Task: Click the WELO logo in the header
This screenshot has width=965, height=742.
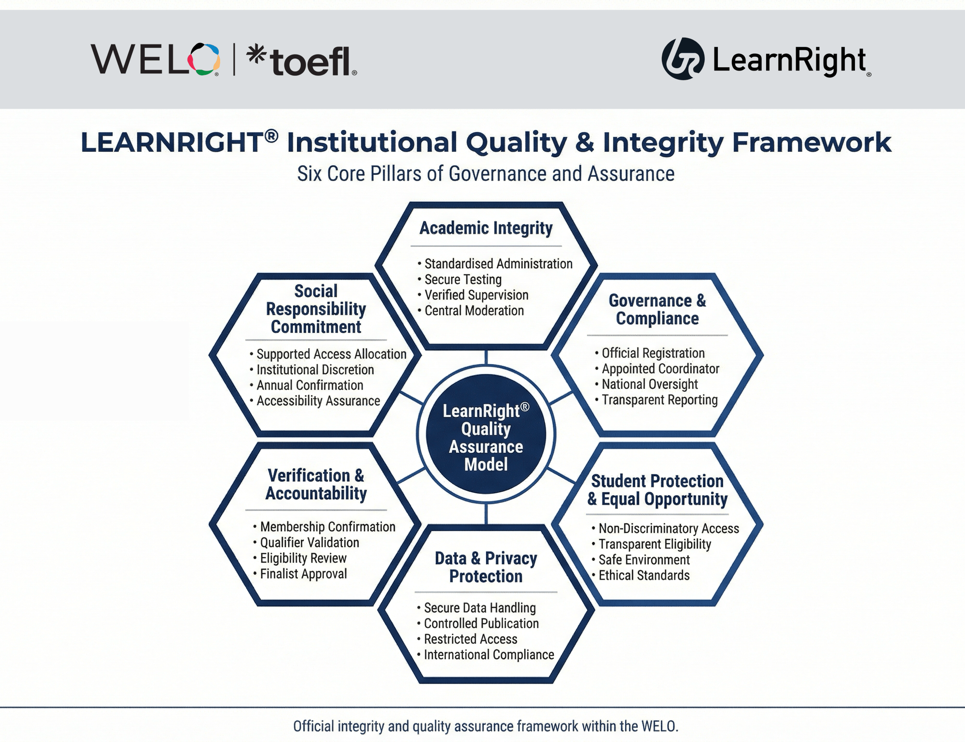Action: pyautogui.click(x=155, y=59)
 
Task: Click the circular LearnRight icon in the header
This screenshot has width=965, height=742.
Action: pyautogui.click(x=683, y=59)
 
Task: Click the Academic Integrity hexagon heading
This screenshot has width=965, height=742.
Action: pyautogui.click(x=486, y=228)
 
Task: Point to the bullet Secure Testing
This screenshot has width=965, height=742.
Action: pyautogui.click(x=463, y=279)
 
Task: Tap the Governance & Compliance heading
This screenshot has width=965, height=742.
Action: pyautogui.click(x=657, y=309)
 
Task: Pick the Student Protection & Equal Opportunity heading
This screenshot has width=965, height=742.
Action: pyautogui.click(x=657, y=490)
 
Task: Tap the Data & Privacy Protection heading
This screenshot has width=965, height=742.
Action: pyautogui.click(x=486, y=567)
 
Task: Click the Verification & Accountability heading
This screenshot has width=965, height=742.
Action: pyautogui.click(x=316, y=485)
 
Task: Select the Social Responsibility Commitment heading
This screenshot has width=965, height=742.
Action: pyautogui.click(x=316, y=309)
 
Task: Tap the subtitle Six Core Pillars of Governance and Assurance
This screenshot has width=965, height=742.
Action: pyautogui.click(x=486, y=174)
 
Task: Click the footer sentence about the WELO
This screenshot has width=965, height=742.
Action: pyautogui.click(x=486, y=726)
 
